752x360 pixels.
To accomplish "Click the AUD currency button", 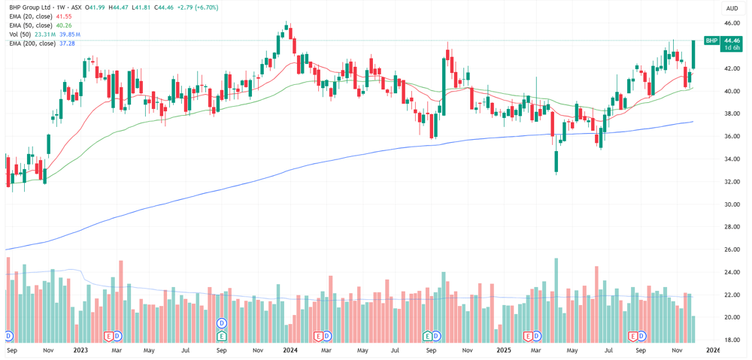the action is (732, 8).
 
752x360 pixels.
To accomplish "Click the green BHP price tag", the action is (711, 41).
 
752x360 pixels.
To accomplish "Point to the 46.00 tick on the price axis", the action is (732, 23).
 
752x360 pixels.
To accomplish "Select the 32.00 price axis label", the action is (732, 182).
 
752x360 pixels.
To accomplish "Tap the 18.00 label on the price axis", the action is (732, 340).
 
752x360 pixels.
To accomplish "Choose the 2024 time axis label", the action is (290, 350).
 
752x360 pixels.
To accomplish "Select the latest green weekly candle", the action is (693, 55).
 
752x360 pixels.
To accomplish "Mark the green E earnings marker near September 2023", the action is (222, 336).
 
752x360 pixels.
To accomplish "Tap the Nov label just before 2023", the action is (47, 350).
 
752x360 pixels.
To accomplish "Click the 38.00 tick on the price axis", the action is (732, 113).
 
